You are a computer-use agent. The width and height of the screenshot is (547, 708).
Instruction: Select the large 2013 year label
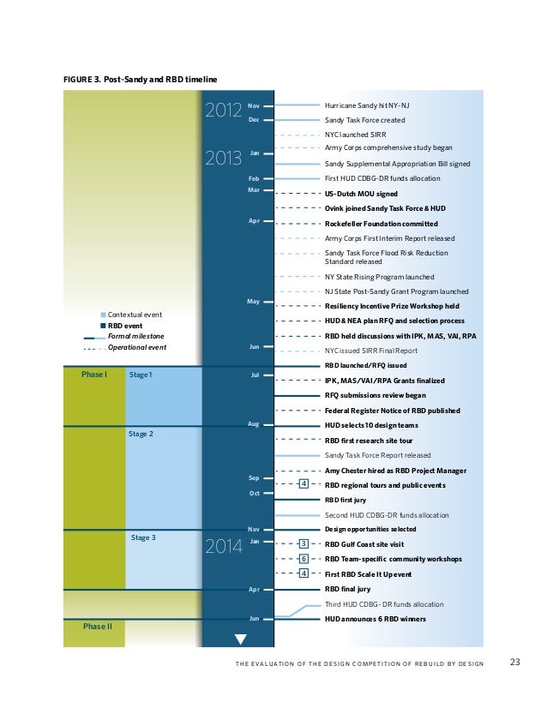pos(223,159)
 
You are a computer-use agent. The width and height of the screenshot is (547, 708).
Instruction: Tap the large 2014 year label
pos(223,547)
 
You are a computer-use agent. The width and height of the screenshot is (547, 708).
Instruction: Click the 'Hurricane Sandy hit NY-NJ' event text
pos(360,105)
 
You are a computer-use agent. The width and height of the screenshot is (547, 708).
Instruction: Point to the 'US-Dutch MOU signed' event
pos(361,195)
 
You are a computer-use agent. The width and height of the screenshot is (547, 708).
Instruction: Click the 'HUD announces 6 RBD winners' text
pos(375,619)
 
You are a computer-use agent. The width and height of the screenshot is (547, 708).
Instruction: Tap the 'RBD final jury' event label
pos(347,589)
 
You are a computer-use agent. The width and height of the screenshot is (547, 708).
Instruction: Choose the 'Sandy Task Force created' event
pos(364,120)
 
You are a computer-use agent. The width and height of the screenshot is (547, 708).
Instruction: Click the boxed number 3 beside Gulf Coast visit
pos(304,543)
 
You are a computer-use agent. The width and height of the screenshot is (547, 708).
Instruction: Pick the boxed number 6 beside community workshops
pos(304,558)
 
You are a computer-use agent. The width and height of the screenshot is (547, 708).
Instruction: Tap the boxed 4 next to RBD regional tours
pos(304,484)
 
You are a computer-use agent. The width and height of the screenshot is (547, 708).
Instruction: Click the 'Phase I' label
pos(94,375)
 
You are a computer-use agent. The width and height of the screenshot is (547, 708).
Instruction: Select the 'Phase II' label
pos(96,627)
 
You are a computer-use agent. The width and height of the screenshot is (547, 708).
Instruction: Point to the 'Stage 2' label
pos(141,435)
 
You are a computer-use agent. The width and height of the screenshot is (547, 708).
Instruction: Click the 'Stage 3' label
pos(143,537)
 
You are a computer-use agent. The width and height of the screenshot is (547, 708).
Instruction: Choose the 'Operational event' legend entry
pos(136,347)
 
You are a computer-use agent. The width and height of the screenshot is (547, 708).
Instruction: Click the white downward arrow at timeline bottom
pos(240,639)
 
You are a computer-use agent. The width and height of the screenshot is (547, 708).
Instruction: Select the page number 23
pos(515,662)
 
